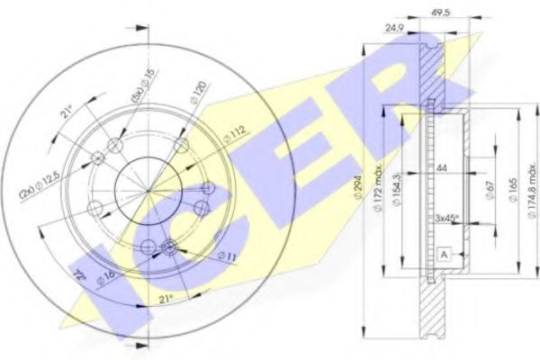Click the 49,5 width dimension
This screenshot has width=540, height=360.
click(x=440, y=13)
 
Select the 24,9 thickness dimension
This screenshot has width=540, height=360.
click(x=392, y=27)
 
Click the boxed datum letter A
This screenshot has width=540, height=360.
click(x=444, y=255)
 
